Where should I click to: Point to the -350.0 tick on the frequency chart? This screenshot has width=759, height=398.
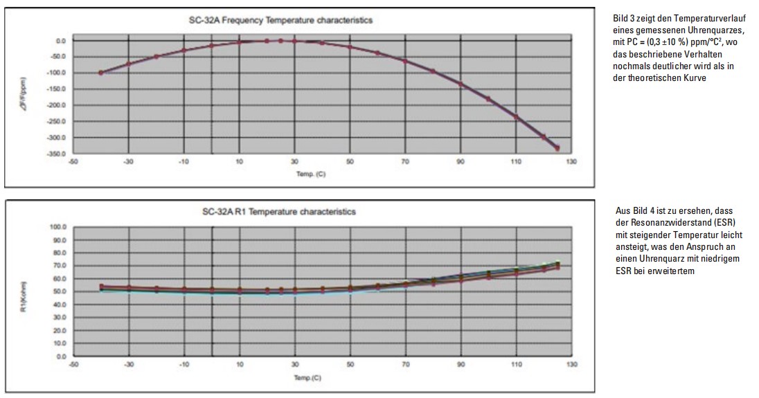click(x=56, y=153)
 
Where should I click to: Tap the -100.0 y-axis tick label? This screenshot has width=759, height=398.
click(x=56, y=73)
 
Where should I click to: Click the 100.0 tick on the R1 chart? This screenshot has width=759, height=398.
click(x=56, y=226)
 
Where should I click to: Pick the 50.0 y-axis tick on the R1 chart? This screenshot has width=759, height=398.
click(x=57, y=291)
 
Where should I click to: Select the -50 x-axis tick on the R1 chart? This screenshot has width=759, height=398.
click(x=73, y=364)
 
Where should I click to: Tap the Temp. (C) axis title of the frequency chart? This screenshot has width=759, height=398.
click(x=310, y=174)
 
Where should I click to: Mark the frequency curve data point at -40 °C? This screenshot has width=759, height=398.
click(x=101, y=73)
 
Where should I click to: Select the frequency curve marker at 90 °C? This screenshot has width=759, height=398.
click(x=460, y=84)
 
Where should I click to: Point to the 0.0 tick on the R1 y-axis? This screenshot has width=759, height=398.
click(x=59, y=356)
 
